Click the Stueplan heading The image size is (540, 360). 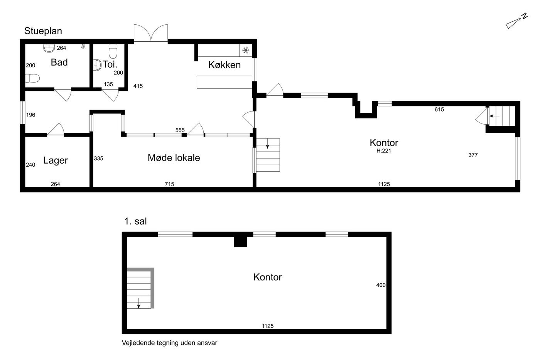43,31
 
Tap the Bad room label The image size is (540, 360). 59,62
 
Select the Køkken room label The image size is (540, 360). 224,65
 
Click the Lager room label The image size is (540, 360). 56,161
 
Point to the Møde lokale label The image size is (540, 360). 174,158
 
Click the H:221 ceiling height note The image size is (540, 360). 384,151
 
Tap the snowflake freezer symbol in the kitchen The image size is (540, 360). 246,51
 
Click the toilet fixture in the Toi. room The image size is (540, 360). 113,51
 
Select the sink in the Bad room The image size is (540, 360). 49,48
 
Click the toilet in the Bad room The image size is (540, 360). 32,78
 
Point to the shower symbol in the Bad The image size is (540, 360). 83,46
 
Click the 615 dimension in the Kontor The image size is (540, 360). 439,110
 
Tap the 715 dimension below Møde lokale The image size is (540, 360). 169,184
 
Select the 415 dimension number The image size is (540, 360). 138,86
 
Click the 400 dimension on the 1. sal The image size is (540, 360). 381,285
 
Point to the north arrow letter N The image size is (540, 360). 525,16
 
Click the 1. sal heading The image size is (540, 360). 135,221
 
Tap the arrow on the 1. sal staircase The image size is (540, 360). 138,303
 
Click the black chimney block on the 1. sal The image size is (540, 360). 240,242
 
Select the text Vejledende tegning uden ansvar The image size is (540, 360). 169,343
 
